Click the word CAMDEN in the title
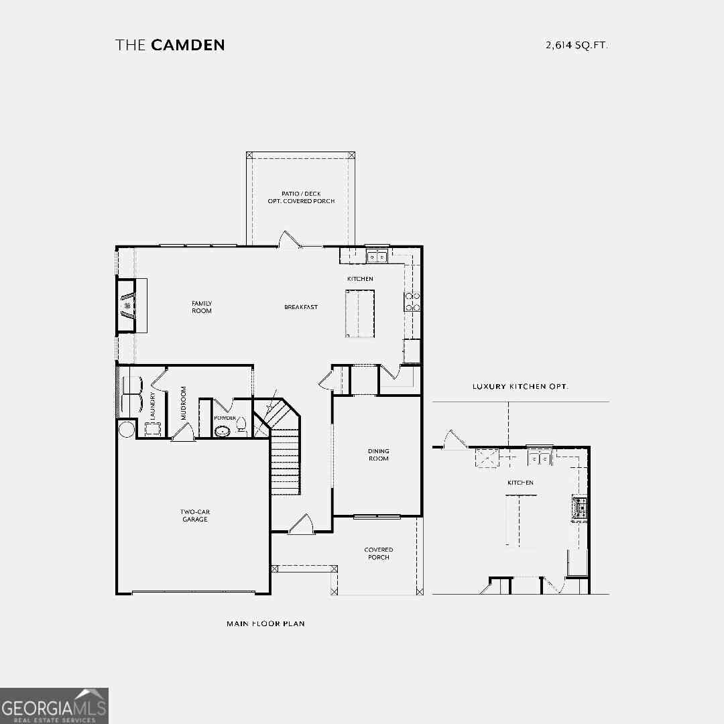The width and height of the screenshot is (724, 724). (x=188, y=45)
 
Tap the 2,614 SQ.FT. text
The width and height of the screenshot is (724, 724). (x=577, y=46)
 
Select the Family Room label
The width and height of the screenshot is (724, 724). (x=202, y=307)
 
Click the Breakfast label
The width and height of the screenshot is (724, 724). (x=301, y=307)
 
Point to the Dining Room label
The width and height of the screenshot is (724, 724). (x=379, y=455)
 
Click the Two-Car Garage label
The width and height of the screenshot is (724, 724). (x=195, y=516)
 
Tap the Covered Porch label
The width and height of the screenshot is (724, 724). (x=379, y=554)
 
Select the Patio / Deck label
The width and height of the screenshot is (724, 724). (x=301, y=194)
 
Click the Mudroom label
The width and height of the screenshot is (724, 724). (x=183, y=403)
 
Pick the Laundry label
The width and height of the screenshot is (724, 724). (x=152, y=406)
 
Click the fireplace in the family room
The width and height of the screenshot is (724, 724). (x=127, y=305)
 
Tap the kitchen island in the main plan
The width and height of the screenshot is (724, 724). (x=360, y=314)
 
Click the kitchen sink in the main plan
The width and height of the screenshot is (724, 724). (x=377, y=256)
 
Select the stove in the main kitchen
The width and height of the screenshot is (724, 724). (x=412, y=302)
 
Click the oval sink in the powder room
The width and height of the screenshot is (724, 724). (x=223, y=432)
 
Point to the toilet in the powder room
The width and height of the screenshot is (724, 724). (x=241, y=424)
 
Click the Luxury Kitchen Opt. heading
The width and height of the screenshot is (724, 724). (x=520, y=387)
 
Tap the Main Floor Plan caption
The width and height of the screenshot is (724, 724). (x=265, y=624)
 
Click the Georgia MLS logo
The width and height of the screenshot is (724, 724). (x=54, y=705)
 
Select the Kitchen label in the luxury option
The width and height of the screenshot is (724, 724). (x=520, y=483)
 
